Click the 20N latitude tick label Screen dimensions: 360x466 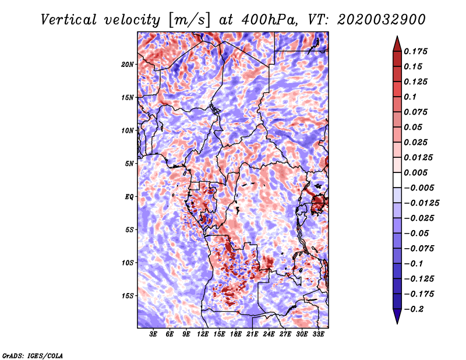[x=128, y=64]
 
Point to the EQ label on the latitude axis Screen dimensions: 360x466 [x=129, y=197]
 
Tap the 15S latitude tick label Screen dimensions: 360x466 [x=128, y=296]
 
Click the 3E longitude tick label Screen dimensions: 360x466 [x=154, y=335]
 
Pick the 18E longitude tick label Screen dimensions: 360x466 [x=236, y=335]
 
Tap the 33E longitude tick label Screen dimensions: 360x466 [x=319, y=335]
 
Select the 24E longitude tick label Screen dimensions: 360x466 [x=269, y=335]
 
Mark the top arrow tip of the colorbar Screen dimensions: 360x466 [x=396, y=38]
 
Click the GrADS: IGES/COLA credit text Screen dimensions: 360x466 [x=32, y=355]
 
